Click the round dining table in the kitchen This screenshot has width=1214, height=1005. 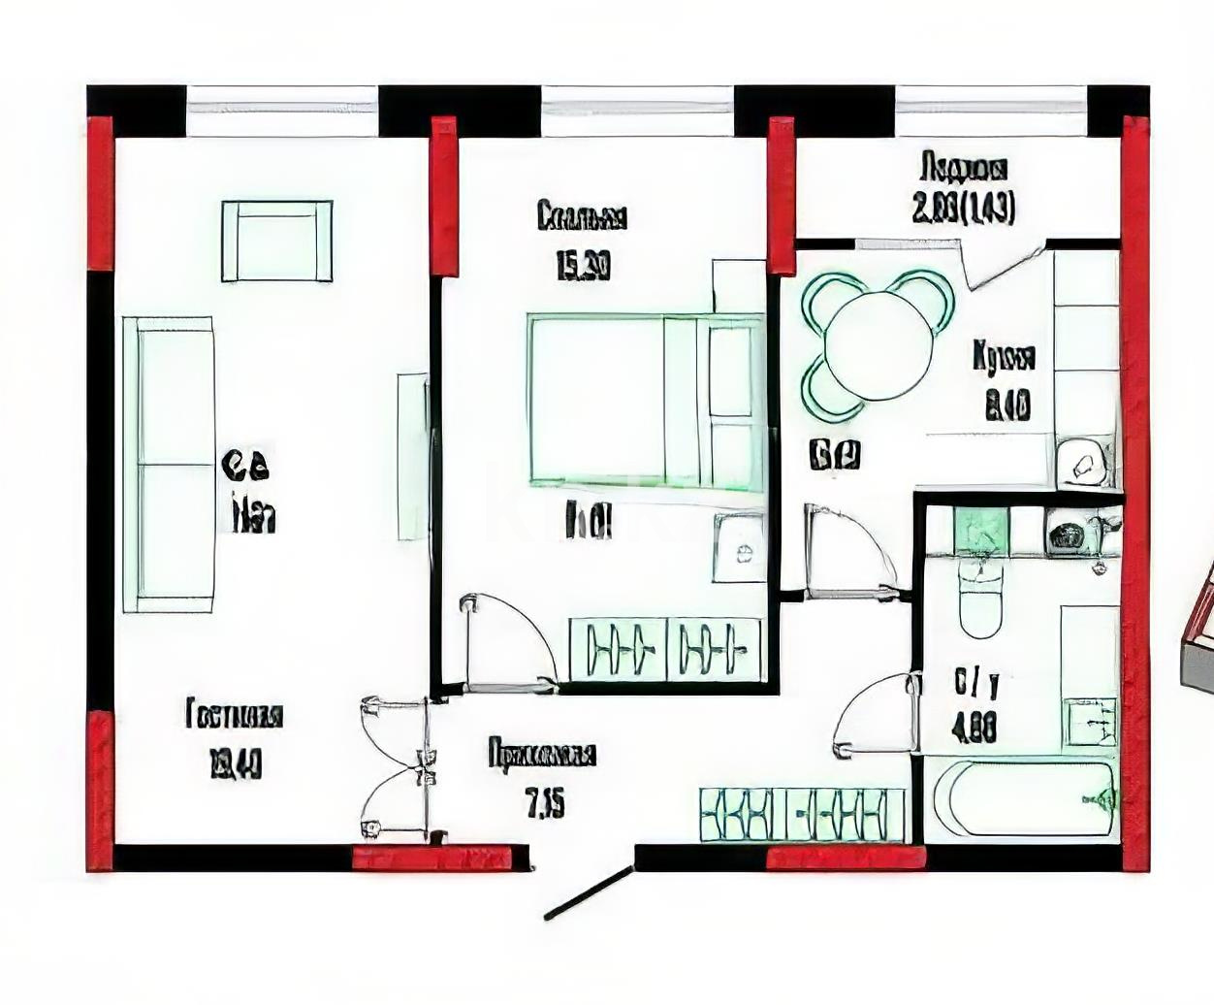click(x=878, y=345)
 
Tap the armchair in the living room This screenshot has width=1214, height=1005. click(x=276, y=241)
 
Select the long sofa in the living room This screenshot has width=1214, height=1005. click(x=169, y=465)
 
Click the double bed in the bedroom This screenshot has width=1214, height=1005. click(x=644, y=399)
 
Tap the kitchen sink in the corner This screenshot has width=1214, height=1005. click(x=1085, y=464)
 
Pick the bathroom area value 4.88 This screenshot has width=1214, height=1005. click(x=975, y=728)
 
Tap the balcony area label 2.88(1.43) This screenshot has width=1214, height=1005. click(x=964, y=209)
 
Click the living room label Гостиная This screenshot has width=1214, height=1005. click(x=234, y=716)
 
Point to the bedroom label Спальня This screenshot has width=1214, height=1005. click(x=582, y=215)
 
